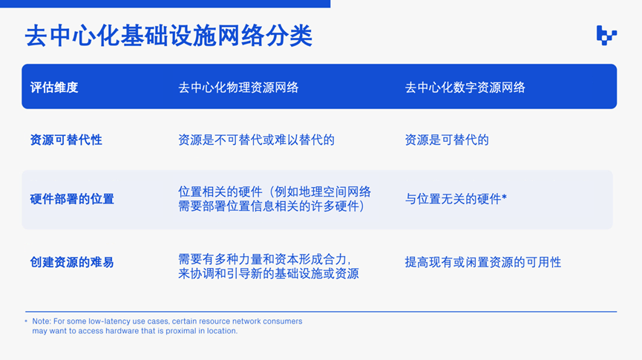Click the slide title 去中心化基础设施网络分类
[x=168, y=36]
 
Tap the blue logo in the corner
[x=606, y=35]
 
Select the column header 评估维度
[x=54, y=88]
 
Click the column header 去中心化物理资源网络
[x=238, y=88]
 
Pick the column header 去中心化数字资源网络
[x=465, y=88]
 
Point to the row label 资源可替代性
[x=66, y=140]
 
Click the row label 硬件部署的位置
[x=72, y=199]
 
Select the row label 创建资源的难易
[x=72, y=262]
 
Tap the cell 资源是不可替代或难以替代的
[x=256, y=140]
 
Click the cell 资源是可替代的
[x=447, y=140]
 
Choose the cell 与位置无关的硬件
[x=453, y=199]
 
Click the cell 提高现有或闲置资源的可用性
[x=483, y=262]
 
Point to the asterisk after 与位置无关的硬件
[x=505, y=197]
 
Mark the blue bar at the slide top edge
[x=165, y=4]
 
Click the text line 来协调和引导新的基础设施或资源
[x=269, y=274]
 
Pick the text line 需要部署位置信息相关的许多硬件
[x=272, y=206]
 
